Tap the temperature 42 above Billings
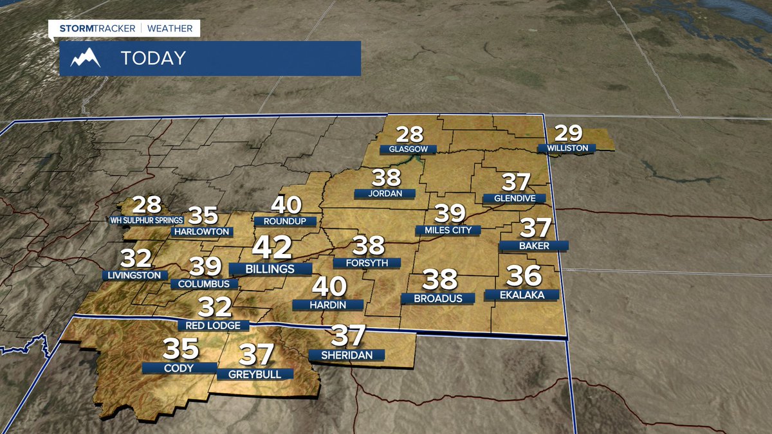click(x=271, y=248)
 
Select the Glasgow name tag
click(x=408, y=149)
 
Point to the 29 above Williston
click(x=568, y=133)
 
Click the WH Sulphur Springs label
click(x=142, y=221)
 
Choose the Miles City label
click(x=448, y=230)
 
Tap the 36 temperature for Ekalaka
click(x=524, y=276)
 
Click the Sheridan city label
click(x=346, y=355)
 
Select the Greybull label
click(x=255, y=374)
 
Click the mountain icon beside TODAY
click(x=86, y=59)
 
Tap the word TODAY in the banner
click(x=153, y=59)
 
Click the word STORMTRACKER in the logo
click(x=97, y=28)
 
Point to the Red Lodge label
click(x=213, y=325)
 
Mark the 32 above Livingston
click(x=136, y=258)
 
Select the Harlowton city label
click(x=201, y=231)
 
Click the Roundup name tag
click(x=286, y=221)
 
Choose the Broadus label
click(x=437, y=298)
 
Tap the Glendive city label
click(x=515, y=199)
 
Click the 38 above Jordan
click(x=386, y=177)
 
